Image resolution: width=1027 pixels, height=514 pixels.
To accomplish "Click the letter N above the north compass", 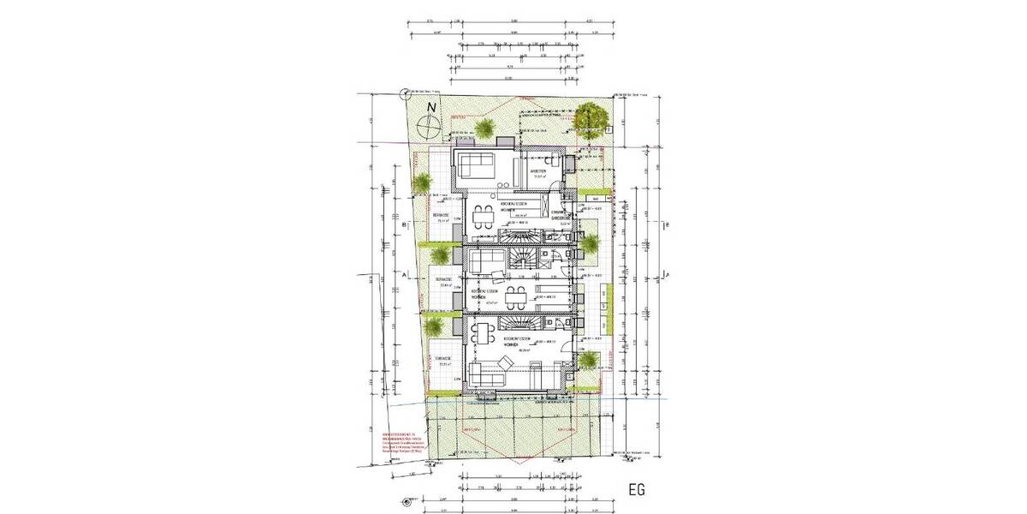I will [x=433, y=107].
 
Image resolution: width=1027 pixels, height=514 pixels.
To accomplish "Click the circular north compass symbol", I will [x=429, y=128].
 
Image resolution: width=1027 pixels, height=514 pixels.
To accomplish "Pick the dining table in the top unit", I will [x=484, y=213].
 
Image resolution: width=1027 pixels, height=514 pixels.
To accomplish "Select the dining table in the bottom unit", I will [x=484, y=332].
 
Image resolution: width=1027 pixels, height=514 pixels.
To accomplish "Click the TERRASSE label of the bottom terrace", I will [x=442, y=359].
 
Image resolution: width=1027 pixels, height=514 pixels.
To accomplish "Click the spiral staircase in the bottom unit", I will [x=517, y=323].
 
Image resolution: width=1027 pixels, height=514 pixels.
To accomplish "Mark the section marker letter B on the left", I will [x=402, y=225].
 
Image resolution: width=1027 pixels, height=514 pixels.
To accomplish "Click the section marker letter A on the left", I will [x=402, y=276].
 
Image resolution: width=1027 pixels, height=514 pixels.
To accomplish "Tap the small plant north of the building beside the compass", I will [x=485, y=128].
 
